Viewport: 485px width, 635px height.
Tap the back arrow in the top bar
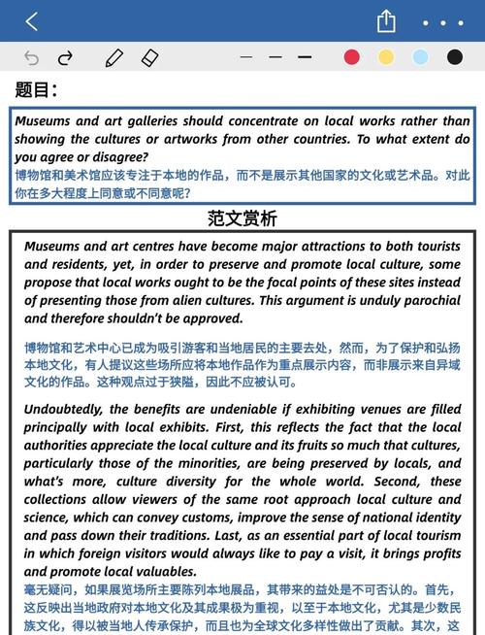[31, 20]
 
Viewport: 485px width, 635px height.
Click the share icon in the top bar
[386, 20]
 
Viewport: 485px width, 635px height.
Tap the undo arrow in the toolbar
[31, 57]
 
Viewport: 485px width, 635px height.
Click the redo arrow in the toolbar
[65, 57]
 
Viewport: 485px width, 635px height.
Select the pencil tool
[114, 57]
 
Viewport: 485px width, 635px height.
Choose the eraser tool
[148, 57]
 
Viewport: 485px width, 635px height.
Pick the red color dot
[352, 57]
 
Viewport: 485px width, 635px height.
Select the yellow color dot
[386, 57]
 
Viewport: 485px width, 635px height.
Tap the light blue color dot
[420, 57]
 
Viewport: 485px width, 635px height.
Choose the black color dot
[454, 57]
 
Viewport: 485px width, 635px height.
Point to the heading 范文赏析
[242, 217]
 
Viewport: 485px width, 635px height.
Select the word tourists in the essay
[433, 247]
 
